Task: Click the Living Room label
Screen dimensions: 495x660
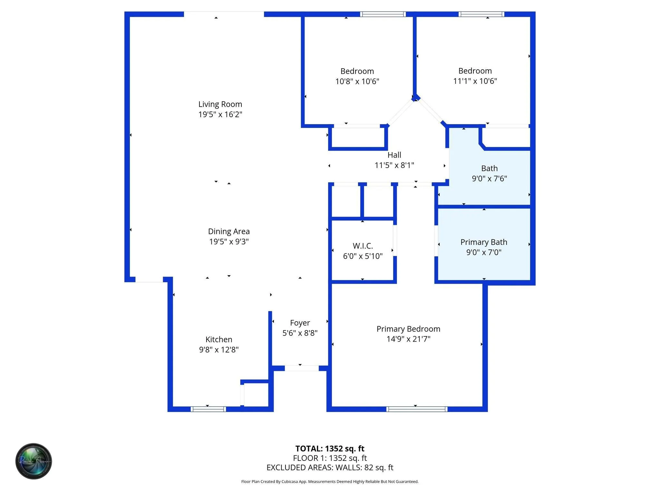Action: coord(220,104)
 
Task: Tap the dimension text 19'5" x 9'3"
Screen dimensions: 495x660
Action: coord(229,241)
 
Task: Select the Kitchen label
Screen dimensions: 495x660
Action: coord(219,339)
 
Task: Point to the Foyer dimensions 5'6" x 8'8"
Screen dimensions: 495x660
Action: coord(300,333)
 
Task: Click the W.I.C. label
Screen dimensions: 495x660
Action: coord(363,246)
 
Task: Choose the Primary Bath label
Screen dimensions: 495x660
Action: coord(484,242)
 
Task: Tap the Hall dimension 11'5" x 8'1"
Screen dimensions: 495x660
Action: coord(394,165)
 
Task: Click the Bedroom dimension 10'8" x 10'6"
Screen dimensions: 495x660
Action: coord(357,81)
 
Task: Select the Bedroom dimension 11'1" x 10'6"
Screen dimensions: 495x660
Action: coord(475,81)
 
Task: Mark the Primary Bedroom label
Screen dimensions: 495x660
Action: coord(408,329)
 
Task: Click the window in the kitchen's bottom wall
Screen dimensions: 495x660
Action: coord(208,409)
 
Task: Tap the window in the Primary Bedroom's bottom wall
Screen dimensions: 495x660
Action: coord(417,409)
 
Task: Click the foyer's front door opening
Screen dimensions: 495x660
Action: coord(302,368)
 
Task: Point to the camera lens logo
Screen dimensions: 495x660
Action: coord(34,461)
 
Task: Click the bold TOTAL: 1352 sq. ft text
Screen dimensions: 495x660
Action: coord(330,449)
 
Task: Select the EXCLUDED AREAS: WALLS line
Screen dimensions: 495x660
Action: coord(330,468)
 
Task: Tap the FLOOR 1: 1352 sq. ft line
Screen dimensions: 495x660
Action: coord(330,458)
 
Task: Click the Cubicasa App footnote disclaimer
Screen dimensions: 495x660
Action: coord(330,481)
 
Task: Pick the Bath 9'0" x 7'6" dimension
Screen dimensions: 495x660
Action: coord(489,179)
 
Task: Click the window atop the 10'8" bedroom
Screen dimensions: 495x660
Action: coord(383,14)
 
